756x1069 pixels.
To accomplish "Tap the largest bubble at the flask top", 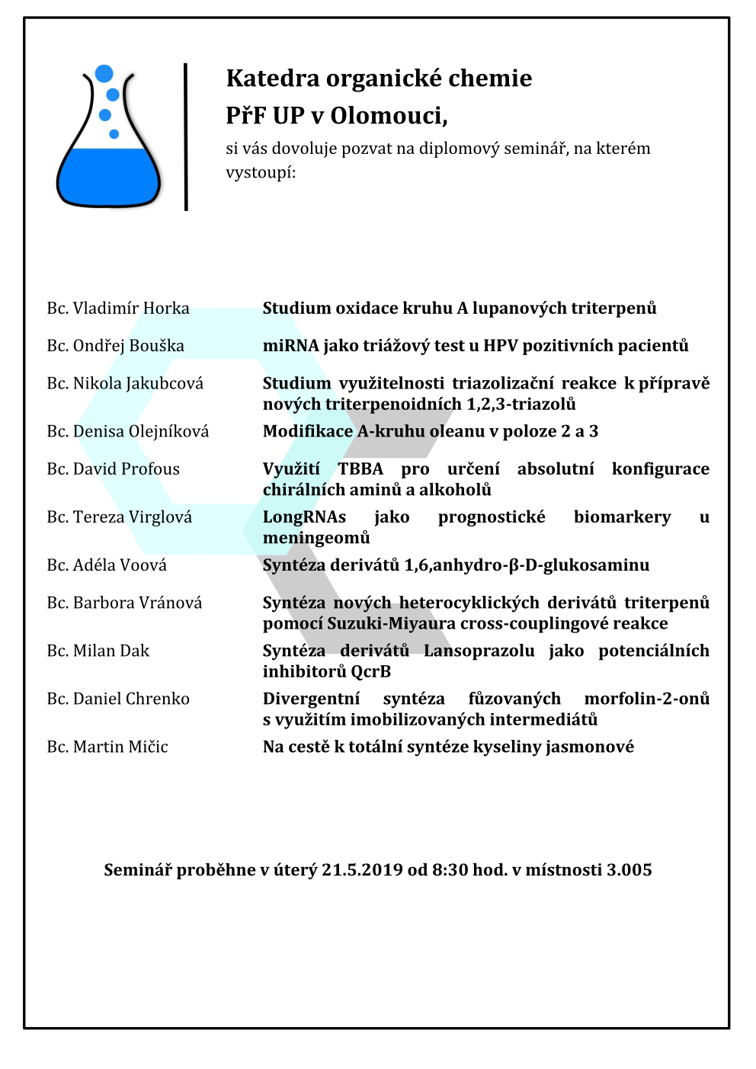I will [x=104, y=74].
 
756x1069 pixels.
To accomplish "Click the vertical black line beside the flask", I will [x=186, y=136].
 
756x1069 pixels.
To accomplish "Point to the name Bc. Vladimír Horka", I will [x=118, y=309].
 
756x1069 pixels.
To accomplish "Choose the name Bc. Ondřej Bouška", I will [x=116, y=346].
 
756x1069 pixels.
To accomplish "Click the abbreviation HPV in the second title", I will [x=501, y=346].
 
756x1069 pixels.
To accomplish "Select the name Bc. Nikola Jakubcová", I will [x=125, y=383].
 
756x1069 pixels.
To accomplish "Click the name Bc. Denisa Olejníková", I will [x=128, y=431].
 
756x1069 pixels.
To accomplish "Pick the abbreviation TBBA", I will [x=360, y=469].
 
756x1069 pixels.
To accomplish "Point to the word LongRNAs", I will [x=304, y=517].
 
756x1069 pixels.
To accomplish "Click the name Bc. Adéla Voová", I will [x=107, y=565].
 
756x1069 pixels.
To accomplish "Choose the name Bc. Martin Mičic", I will [x=107, y=747].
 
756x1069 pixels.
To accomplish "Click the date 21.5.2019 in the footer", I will [x=362, y=870].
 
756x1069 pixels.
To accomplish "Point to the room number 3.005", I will [x=629, y=870].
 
